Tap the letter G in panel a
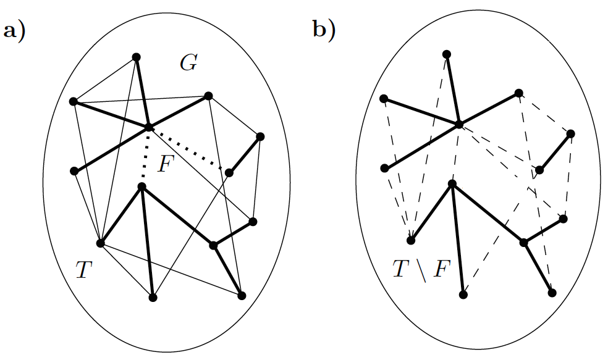click(189, 62)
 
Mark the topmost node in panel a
click(137, 57)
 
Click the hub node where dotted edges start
click(148, 127)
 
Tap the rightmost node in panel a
click(260, 136)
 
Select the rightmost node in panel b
click(570, 133)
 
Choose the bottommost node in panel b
click(463, 295)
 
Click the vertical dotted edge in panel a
click(145, 156)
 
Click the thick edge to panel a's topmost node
click(143, 92)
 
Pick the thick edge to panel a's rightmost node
click(245, 154)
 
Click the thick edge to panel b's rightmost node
click(555, 151)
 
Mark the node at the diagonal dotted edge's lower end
click(229, 172)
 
